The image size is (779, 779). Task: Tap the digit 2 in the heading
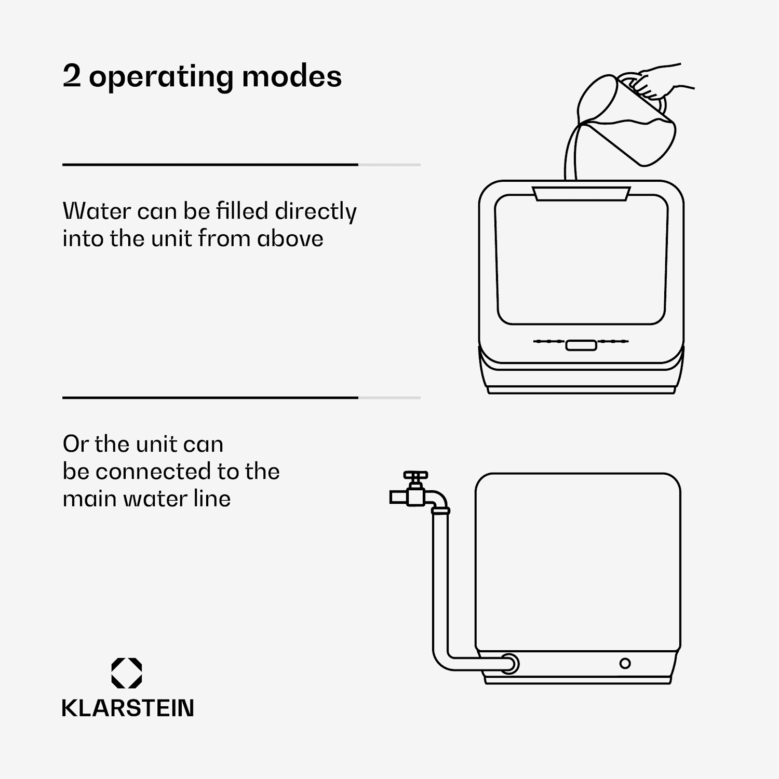(72, 76)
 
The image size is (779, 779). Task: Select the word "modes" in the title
(292, 76)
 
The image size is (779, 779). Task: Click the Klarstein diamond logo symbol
(127, 673)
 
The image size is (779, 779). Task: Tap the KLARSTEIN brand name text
(128, 708)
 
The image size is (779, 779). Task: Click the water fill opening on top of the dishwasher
(581, 193)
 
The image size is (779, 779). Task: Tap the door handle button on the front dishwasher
(581, 345)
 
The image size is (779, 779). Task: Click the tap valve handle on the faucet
(415, 475)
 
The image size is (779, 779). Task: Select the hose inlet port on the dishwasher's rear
(509, 663)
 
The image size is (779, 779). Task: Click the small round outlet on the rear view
(625, 663)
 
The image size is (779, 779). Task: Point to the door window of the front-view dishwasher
(581, 259)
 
